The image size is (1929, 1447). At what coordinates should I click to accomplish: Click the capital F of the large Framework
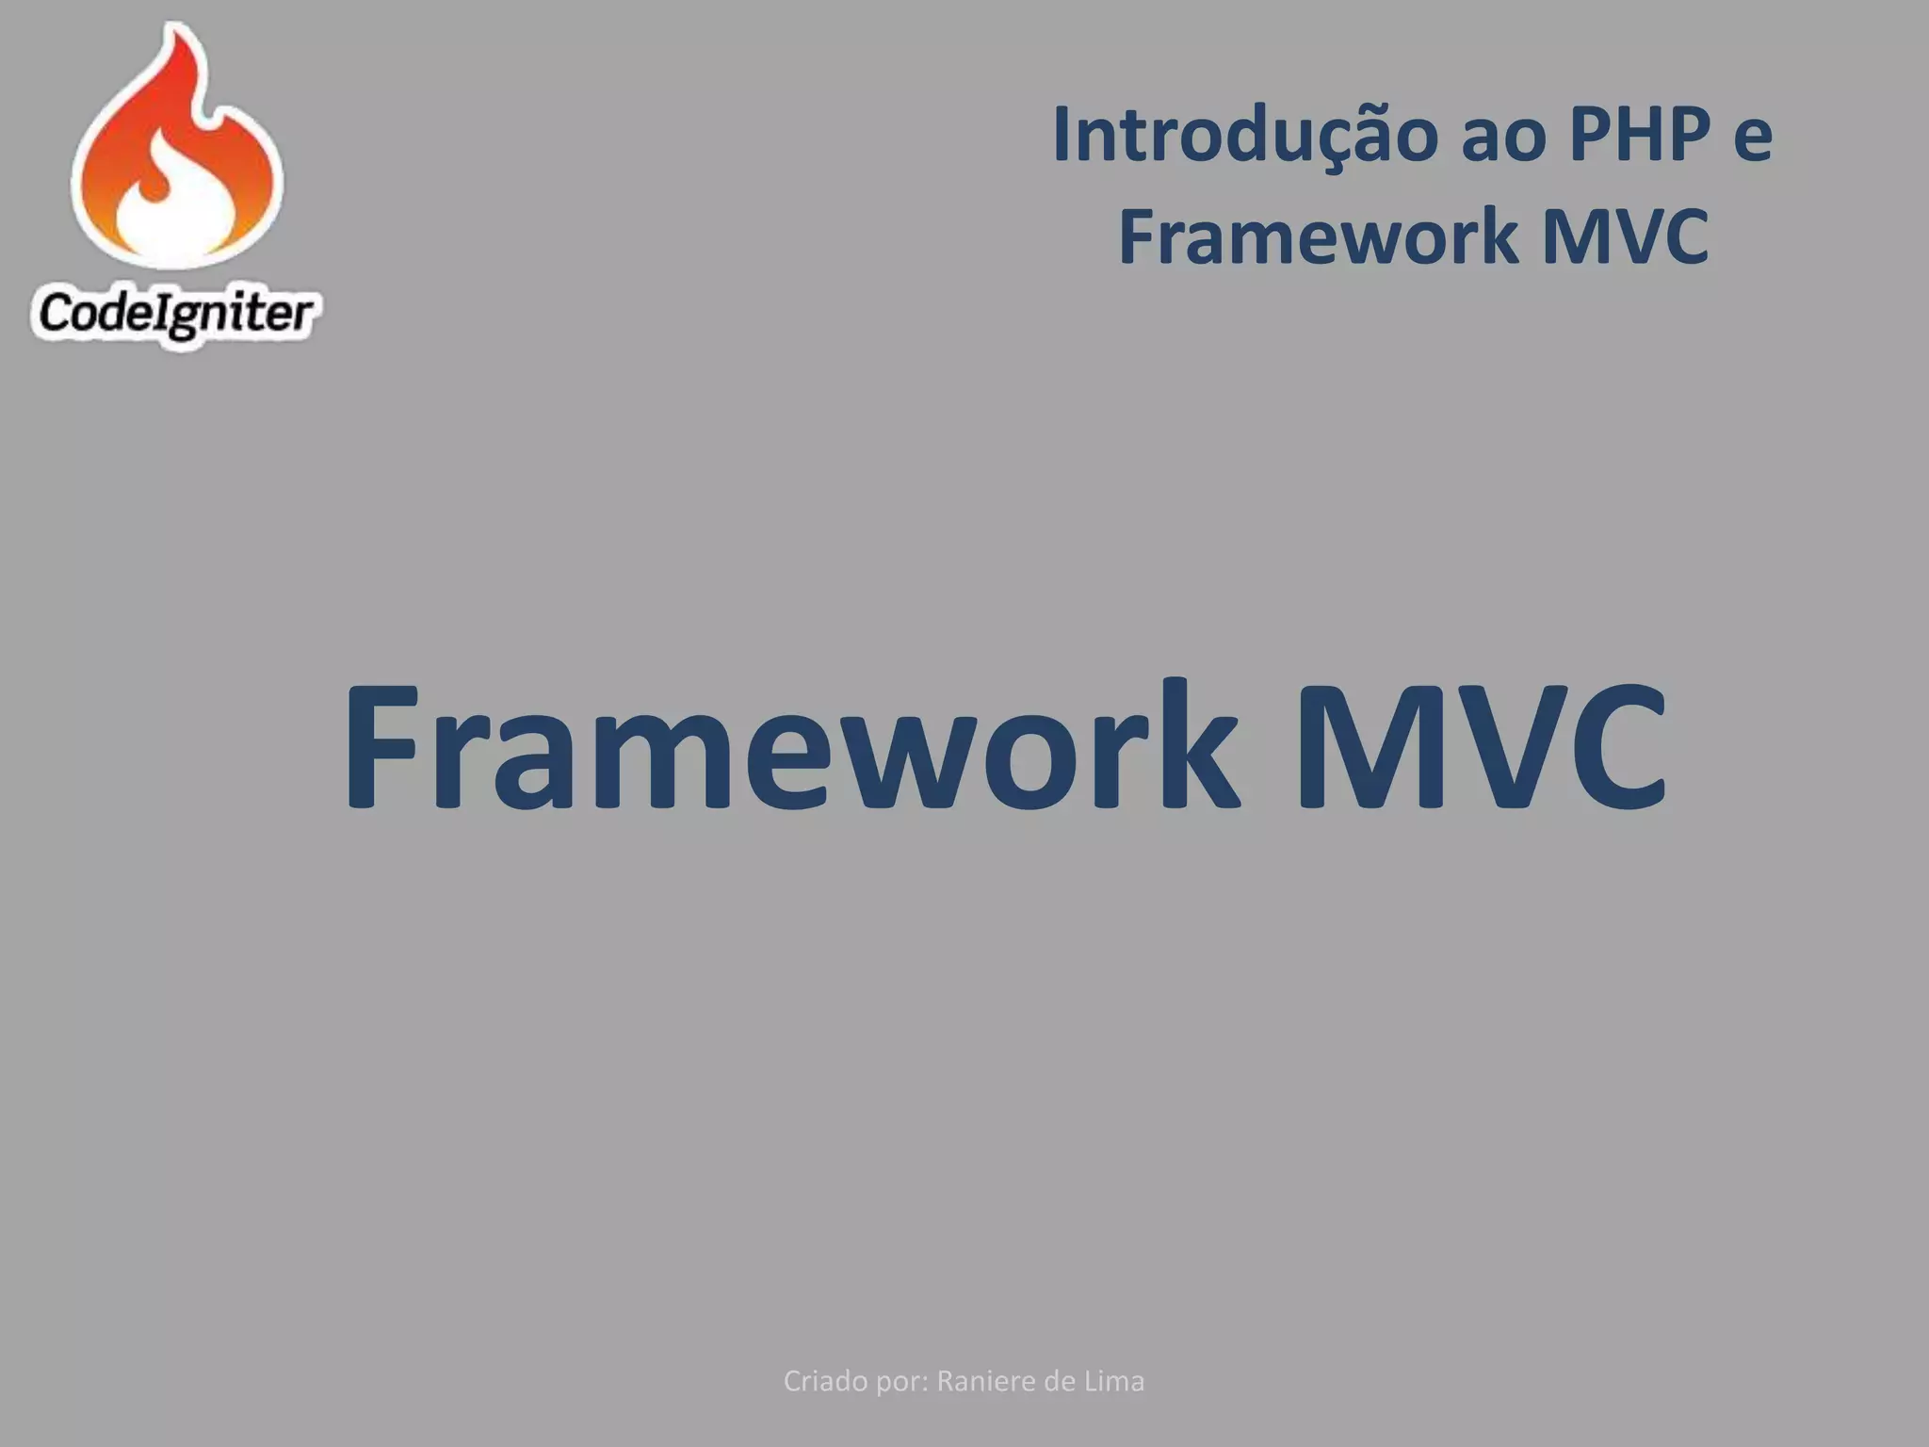coord(381,749)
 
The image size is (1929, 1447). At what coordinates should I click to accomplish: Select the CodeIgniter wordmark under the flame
coord(175,314)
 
